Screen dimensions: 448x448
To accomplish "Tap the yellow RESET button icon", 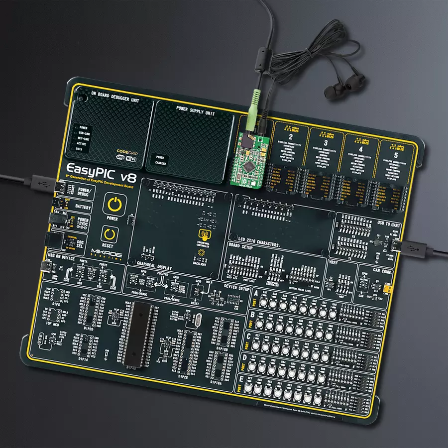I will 108,234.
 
